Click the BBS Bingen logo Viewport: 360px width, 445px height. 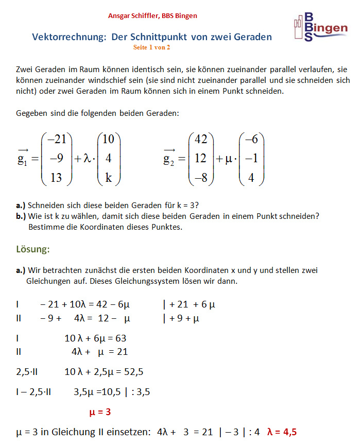(319, 27)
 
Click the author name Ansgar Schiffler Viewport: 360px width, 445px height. (134, 16)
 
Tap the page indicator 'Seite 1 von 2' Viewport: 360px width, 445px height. (151, 47)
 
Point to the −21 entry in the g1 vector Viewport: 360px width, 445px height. (56, 139)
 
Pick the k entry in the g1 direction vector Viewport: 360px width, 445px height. (108, 177)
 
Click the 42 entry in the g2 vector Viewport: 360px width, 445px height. (201, 139)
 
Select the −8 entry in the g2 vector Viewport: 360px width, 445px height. (200, 177)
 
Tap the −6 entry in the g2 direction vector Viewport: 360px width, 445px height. (251, 139)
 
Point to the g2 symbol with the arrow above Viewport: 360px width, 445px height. (169, 158)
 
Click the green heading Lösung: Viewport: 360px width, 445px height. (33, 250)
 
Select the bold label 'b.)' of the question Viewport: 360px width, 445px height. (22, 216)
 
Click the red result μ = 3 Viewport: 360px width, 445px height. (100, 412)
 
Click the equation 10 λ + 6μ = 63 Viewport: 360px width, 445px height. (95, 338)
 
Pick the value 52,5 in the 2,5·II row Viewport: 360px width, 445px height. (133, 371)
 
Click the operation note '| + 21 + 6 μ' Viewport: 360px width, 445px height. (188, 304)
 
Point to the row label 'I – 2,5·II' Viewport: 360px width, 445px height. (33, 392)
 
